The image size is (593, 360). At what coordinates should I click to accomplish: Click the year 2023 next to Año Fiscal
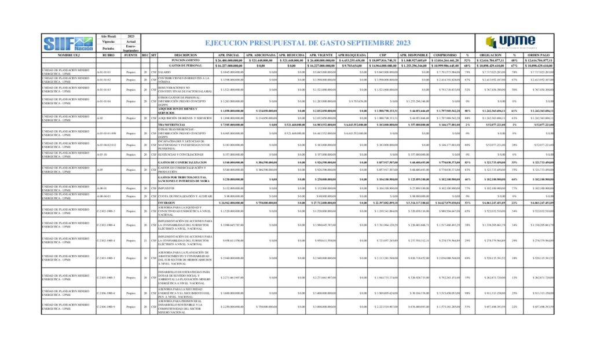coord(131,36)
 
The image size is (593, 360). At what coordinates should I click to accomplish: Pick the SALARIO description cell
coord(164,72)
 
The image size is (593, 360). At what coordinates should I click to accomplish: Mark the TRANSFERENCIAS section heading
coord(185,124)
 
